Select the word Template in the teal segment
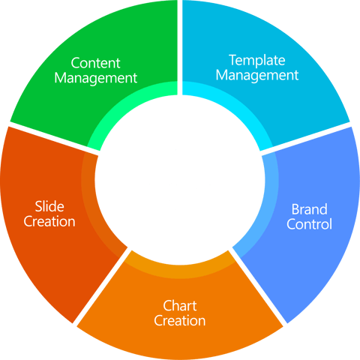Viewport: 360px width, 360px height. point(263,59)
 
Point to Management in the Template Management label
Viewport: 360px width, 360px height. point(263,74)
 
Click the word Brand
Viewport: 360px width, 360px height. point(309,208)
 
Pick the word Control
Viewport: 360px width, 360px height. point(309,223)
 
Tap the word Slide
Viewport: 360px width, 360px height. point(49,206)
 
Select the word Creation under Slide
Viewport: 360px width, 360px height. point(49,221)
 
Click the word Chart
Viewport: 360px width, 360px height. point(180,306)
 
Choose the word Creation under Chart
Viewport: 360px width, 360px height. point(180,321)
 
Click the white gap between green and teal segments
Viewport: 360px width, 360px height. point(180,45)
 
